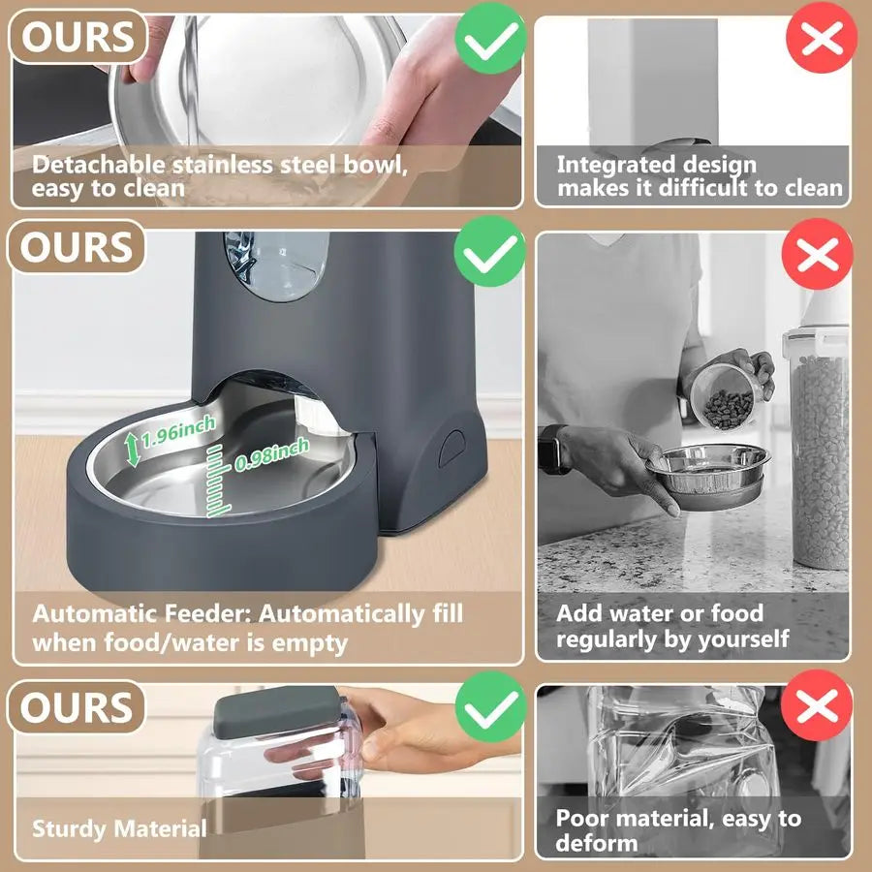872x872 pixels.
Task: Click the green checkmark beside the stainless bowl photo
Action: (x=489, y=37)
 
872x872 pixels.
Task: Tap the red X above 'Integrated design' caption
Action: (x=822, y=39)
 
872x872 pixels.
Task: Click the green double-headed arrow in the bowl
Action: (x=133, y=448)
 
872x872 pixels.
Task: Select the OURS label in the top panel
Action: (x=78, y=37)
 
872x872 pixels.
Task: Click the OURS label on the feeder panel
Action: (x=78, y=248)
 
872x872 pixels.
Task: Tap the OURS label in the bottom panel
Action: (x=78, y=708)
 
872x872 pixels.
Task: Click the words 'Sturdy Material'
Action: (x=119, y=828)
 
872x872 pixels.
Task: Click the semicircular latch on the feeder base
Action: (x=451, y=448)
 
